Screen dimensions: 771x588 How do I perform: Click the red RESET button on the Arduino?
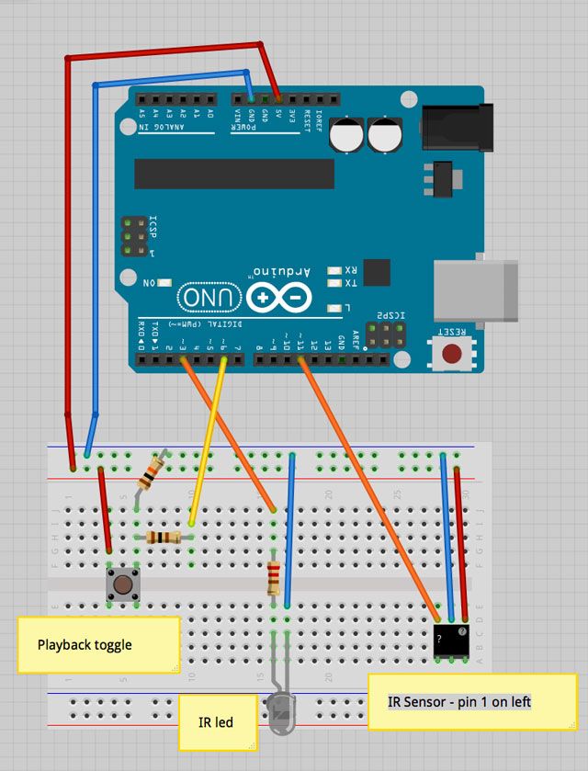click(x=451, y=354)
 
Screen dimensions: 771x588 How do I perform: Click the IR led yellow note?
click(x=217, y=721)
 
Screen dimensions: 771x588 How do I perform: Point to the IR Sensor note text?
click(x=459, y=702)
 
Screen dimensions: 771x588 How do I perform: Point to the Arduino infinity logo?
click(x=278, y=298)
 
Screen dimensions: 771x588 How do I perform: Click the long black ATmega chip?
click(x=234, y=173)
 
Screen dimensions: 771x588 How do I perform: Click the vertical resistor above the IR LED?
click(x=274, y=578)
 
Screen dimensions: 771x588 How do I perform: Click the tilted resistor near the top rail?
click(x=151, y=472)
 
